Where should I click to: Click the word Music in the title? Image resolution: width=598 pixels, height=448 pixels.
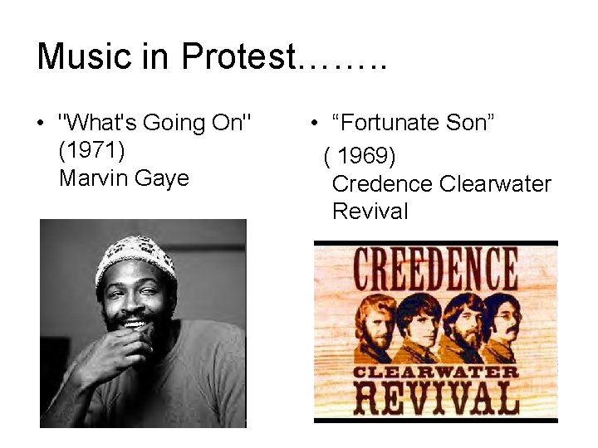click(84, 56)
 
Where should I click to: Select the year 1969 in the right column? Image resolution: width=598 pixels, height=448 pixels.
click(365, 155)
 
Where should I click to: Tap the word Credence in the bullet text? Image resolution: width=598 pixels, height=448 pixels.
click(381, 183)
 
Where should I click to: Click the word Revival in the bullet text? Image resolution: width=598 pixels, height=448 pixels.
click(370, 211)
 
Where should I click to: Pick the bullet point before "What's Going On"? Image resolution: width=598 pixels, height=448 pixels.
click(41, 124)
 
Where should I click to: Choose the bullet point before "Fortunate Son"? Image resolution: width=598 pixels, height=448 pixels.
click(316, 124)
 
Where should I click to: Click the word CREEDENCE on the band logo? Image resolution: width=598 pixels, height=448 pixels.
click(435, 269)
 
